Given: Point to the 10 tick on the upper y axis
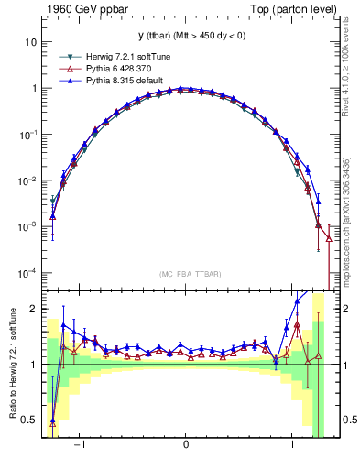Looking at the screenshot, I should [x=29, y=42].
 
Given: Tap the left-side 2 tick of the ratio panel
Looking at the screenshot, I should [x=33, y=309].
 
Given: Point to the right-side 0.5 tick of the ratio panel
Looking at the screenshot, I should [x=344, y=420].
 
